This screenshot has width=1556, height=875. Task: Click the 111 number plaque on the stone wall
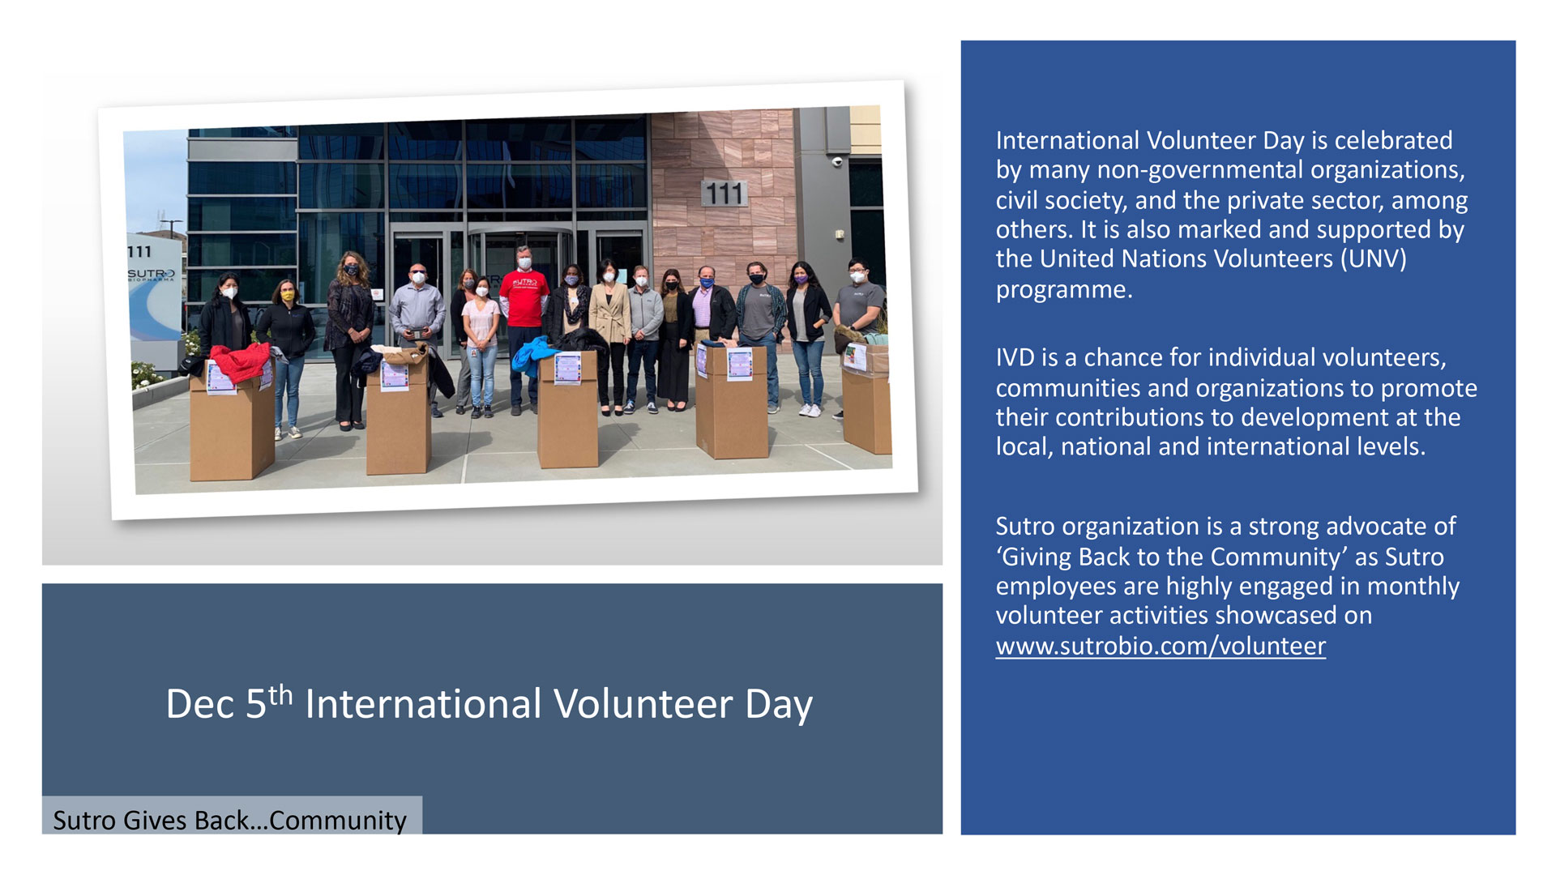coord(724,193)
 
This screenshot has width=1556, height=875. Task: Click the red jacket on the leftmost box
coord(240,362)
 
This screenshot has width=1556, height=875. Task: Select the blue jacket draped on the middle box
coord(534,356)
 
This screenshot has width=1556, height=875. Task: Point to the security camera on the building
coord(837,162)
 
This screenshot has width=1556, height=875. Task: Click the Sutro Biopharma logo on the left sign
coord(151,275)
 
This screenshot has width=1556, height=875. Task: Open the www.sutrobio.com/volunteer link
coord(1161,647)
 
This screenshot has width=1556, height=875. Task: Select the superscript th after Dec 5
coord(280,694)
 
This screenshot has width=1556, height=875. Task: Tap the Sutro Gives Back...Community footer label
coord(229,820)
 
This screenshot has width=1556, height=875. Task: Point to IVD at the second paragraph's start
coord(1015,357)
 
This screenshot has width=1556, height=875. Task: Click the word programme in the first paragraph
coord(1064,290)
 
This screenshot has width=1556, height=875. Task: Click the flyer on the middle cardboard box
coord(567,369)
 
